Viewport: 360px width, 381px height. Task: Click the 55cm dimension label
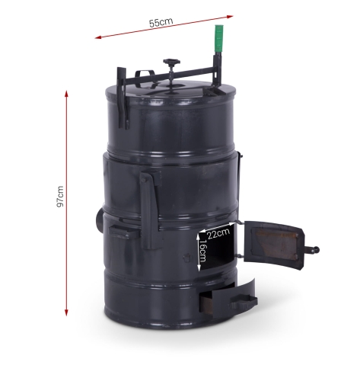point(161,22)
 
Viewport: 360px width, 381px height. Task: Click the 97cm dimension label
point(60,197)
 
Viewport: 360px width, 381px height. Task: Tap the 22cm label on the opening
point(218,233)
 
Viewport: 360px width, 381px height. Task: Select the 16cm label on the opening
point(202,251)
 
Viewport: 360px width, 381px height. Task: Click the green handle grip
point(218,38)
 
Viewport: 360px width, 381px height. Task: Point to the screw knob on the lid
point(171,62)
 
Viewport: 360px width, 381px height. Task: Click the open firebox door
point(274,245)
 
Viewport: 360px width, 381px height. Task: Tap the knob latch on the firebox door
point(312,250)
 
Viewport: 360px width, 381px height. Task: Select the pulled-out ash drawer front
point(234,299)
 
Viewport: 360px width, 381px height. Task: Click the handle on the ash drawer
point(243,302)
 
